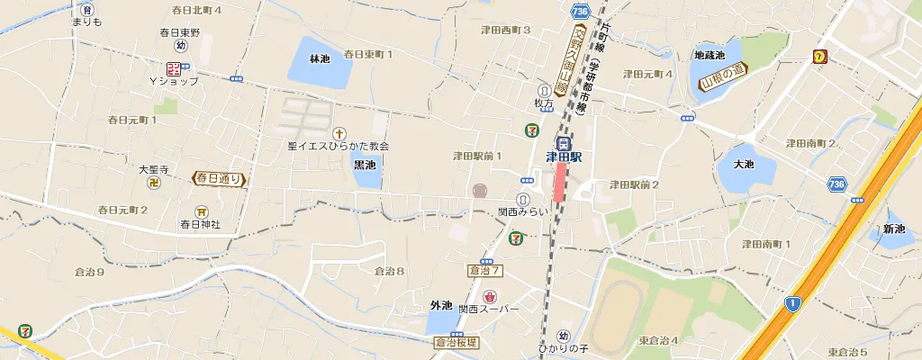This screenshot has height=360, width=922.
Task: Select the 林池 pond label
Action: click(320, 59)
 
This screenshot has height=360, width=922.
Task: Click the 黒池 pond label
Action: click(365, 166)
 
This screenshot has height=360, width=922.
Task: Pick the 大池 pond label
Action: click(743, 165)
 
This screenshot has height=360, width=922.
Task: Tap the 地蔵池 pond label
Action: click(709, 55)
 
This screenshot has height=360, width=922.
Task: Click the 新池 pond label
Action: click(894, 229)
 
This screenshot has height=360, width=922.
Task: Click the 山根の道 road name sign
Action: click(725, 79)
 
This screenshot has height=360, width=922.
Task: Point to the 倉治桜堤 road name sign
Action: click(458, 342)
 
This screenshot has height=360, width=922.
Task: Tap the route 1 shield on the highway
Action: click(791, 303)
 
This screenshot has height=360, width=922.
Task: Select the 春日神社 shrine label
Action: click(200, 224)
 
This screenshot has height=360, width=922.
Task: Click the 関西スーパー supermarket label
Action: click(489, 309)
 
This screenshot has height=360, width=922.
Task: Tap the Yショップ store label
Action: click(174, 81)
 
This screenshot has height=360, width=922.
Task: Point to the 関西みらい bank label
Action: click(523, 211)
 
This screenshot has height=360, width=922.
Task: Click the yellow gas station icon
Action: click(820, 57)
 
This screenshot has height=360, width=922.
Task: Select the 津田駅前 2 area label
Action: click(634, 184)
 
